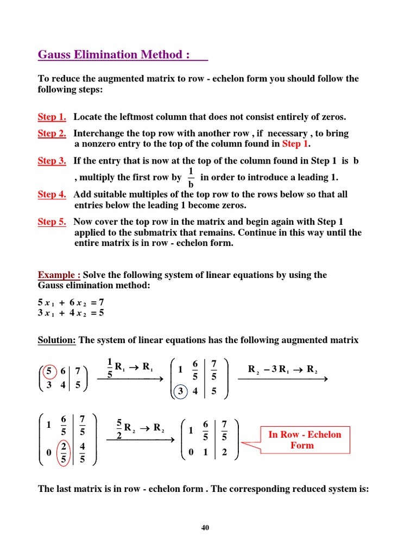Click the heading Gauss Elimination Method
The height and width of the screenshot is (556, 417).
pos(114,55)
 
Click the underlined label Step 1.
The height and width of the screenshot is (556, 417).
pos(52,117)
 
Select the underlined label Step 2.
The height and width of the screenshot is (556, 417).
pos(52,134)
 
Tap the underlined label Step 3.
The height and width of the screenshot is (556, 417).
pos(52,161)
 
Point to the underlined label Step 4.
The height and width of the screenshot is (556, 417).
pos(52,194)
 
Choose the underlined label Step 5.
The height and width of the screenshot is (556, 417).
pos(52,222)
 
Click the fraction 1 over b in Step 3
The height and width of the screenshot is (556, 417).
pos(190,178)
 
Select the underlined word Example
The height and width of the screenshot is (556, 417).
pos(58,275)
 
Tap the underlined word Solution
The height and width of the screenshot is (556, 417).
pos(56,340)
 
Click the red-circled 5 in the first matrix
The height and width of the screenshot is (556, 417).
pos(49,371)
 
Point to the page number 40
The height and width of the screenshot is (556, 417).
pos(205,527)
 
